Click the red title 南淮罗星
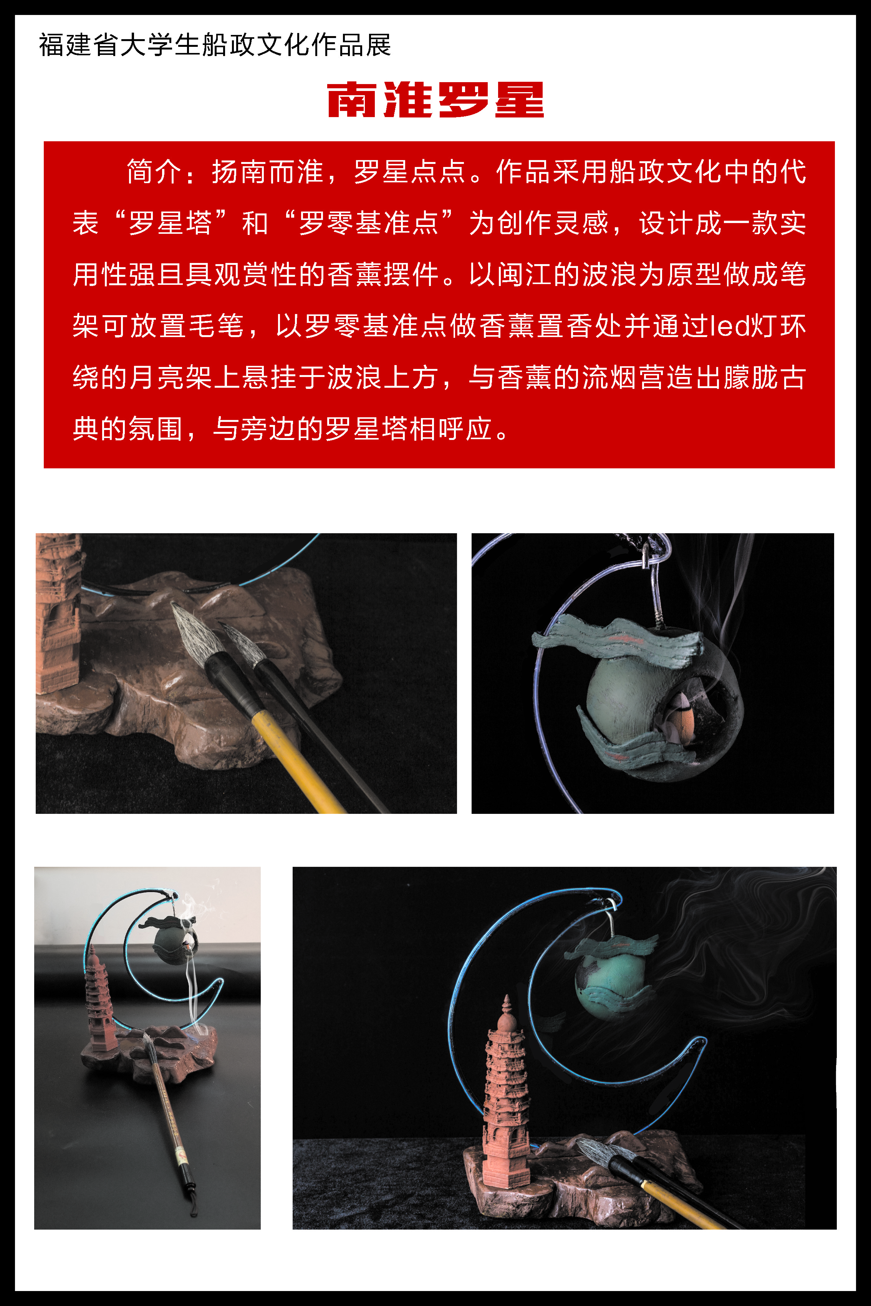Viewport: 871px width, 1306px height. pyautogui.click(x=435, y=100)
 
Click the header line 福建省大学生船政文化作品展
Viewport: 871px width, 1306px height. pyautogui.click(x=215, y=45)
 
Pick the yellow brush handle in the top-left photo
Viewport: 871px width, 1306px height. pyautogui.click(x=297, y=764)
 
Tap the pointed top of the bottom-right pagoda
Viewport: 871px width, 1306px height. pyautogui.click(x=506, y=997)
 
